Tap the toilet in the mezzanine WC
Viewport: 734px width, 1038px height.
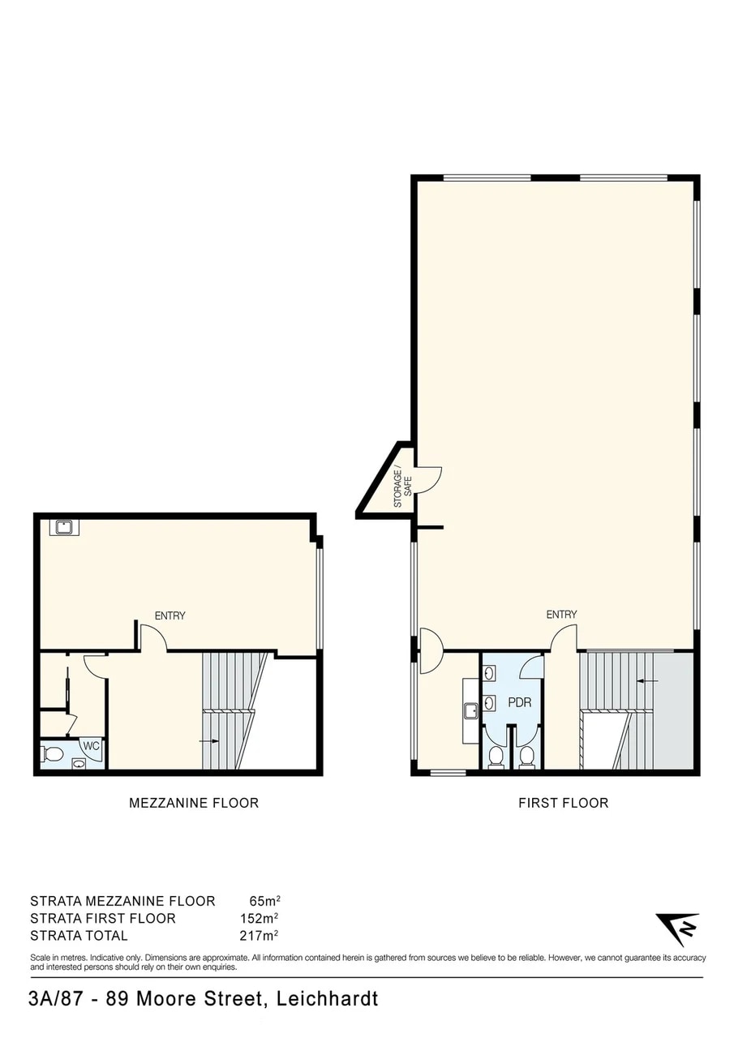click(54, 754)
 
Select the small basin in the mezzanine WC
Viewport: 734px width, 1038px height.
click(79, 763)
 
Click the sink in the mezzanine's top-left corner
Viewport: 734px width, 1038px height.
click(63, 528)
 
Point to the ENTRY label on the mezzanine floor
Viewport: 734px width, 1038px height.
click(170, 616)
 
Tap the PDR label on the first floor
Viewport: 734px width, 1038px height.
click(519, 702)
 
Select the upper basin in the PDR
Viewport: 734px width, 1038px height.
click(490, 672)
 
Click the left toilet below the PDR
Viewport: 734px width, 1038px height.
click(496, 757)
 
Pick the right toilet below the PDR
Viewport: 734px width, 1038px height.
click(526, 757)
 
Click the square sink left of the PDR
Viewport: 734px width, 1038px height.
click(471, 711)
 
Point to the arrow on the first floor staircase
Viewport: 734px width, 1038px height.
click(646, 680)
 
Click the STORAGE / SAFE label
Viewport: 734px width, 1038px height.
click(403, 487)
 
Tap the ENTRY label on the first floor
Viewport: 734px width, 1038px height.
click(561, 615)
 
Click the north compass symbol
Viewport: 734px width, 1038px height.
click(678, 928)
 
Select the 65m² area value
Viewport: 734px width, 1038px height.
click(264, 901)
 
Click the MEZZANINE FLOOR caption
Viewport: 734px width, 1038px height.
click(194, 803)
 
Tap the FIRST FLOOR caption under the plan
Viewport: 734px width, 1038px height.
click(563, 803)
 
